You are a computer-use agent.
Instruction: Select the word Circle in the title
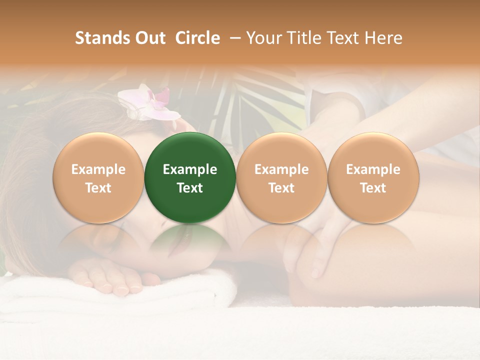pos(197,38)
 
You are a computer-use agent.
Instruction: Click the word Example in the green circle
pos(190,169)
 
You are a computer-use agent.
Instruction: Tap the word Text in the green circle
pos(190,188)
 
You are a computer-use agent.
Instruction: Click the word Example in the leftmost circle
pos(98,169)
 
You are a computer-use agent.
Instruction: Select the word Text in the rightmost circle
pos(373,188)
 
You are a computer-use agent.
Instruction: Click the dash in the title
pos(232,38)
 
